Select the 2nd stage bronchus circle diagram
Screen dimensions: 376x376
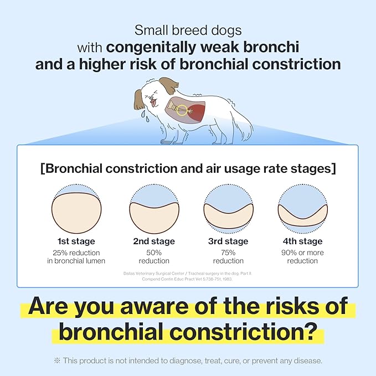pos(153,209)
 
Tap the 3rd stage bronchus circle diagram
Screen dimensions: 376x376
pos(228,209)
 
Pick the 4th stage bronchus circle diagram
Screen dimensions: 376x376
pos(302,209)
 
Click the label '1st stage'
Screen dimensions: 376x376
pos(76,241)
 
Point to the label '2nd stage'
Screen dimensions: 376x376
pos(153,241)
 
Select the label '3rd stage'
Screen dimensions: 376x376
pos(228,241)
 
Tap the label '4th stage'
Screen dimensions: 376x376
pos(302,241)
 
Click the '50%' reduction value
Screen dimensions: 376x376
pos(154,253)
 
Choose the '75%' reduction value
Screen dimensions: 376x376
pos(228,253)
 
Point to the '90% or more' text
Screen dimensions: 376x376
pos(302,253)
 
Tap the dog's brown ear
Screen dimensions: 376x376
pos(170,86)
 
